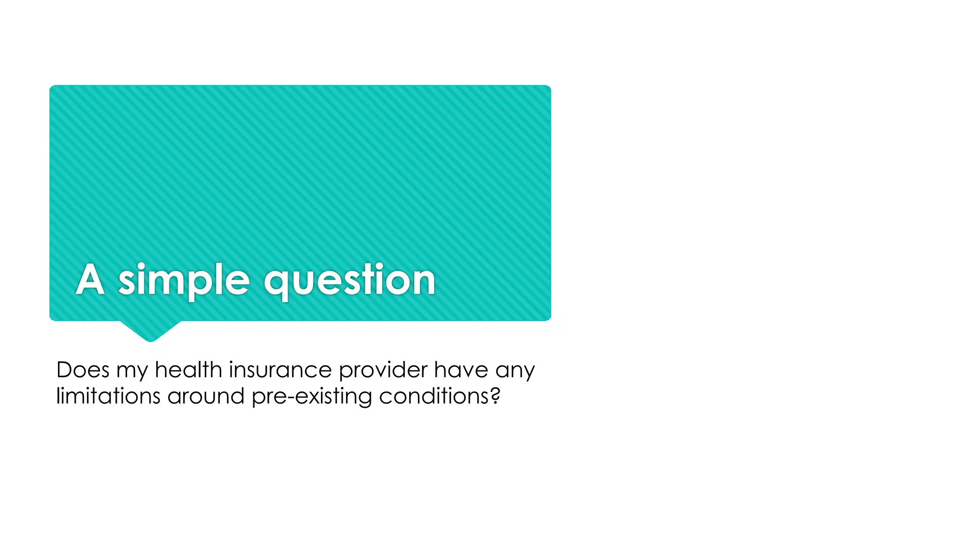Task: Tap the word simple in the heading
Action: [184, 280]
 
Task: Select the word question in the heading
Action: [349, 280]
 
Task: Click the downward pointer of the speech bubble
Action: [151, 332]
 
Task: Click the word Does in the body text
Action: [82, 370]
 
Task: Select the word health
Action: [188, 370]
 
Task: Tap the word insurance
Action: [281, 370]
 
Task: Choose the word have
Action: [461, 370]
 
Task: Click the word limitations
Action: [109, 396]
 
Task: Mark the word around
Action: [206, 396]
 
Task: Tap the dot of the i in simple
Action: [141, 266]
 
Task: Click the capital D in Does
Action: [64, 370]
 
